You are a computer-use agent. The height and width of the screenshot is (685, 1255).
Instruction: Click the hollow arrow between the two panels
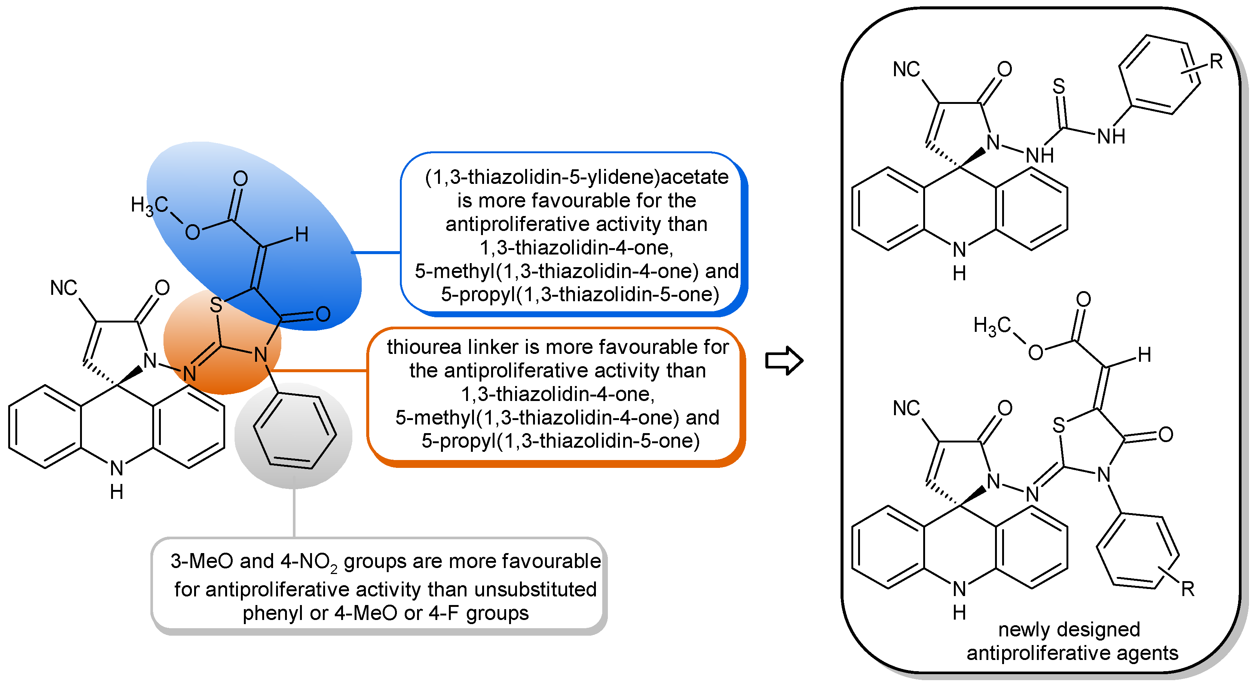click(783, 361)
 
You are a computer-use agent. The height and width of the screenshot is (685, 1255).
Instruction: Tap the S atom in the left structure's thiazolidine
click(216, 306)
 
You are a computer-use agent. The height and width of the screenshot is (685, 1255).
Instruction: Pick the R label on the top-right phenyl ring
click(1216, 62)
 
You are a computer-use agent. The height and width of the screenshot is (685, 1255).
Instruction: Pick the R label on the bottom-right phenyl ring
click(1188, 589)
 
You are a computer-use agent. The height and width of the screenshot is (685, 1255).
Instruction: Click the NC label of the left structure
click(63, 288)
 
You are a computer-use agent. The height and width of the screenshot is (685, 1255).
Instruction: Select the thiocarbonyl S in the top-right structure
click(1059, 87)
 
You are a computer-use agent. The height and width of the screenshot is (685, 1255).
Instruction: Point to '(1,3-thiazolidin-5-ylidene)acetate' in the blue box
click(576, 177)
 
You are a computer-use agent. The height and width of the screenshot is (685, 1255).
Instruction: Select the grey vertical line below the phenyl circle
click(294, 506)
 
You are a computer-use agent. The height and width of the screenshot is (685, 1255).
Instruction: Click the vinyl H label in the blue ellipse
click(301, 235)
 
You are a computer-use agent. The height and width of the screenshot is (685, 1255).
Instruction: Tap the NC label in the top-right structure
click(906, 70)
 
